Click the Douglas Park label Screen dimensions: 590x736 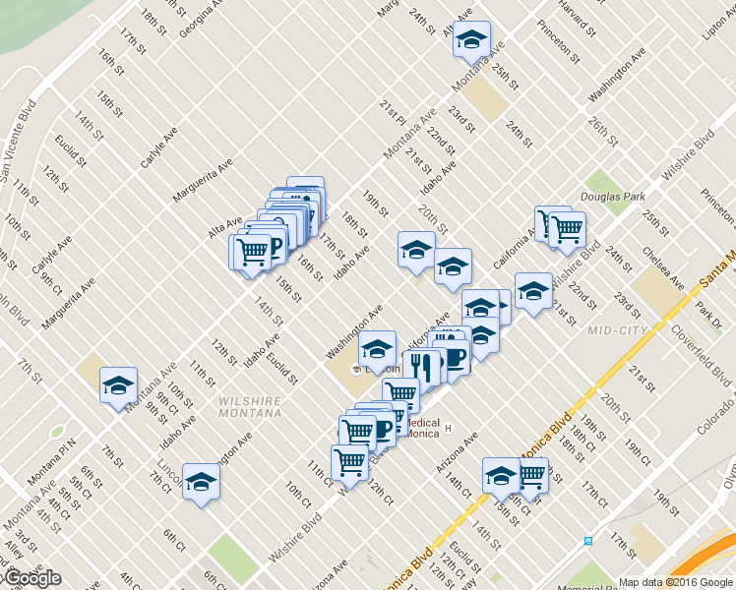(x=611, y=197)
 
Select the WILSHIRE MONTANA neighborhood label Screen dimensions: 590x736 (x=250, y=406)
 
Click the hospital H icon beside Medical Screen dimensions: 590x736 (x=448, y=429)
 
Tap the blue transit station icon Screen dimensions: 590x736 (x=587, y=540)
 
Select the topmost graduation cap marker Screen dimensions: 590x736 (x=471, y=39)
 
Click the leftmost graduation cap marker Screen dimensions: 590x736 (x=118, y=384)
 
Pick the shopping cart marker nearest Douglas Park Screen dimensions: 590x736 (x=567, y=229)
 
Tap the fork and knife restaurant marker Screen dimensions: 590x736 (x=424, y=368)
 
